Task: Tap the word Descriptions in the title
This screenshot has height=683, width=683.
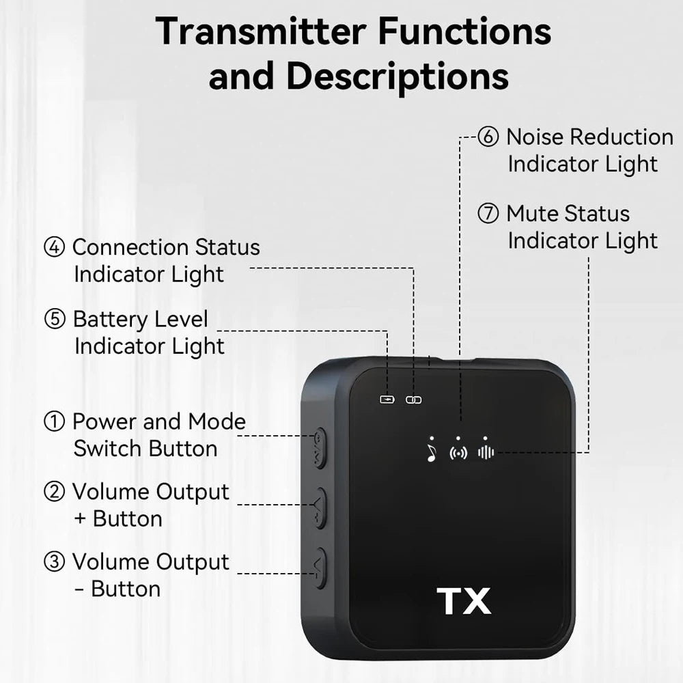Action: [x=398, y=76]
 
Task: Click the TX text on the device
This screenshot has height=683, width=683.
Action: [x=464, y=601]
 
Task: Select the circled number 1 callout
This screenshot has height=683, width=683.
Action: [x=54, y=422]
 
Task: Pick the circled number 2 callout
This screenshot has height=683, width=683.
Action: [x=54, y=492]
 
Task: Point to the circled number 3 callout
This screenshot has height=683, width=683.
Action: [x=54, y=562]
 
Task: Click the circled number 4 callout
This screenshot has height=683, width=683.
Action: [x=54, y=247]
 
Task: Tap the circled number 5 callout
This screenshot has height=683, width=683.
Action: [x=54, y=319]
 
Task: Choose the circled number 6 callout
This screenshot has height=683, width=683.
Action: [x=488, y=137]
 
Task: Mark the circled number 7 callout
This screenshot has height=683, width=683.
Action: [x=488, y=214]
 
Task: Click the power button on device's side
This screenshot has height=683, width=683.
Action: [x=319, y=448]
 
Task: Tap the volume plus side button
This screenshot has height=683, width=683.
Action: [x=319, y=508]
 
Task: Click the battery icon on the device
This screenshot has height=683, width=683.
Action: [x=387, y=400]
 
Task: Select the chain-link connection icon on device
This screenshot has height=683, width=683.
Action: [x=414, y=400]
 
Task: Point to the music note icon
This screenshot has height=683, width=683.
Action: [x=431, y=452]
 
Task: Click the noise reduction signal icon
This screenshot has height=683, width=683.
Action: [x=458, y=452]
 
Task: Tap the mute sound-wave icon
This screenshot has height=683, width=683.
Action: [x=486, y=452]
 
